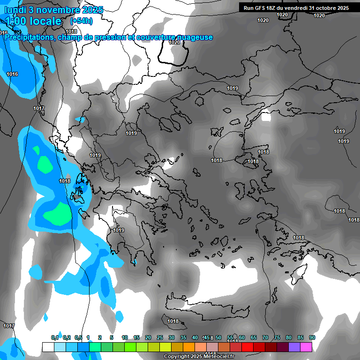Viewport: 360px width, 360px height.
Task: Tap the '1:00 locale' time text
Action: pos(33,21)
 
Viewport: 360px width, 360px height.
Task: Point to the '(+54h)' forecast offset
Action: pos(81,21)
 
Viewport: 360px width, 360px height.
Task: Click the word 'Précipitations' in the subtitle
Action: pos(28,37)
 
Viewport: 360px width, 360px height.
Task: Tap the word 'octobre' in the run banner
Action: pos(323,8)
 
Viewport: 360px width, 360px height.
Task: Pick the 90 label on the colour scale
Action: pos(312,338)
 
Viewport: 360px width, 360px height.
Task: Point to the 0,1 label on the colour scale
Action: pos(54,338)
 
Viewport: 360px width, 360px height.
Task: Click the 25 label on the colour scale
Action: pos(160,338)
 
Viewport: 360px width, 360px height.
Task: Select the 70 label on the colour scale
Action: pos(265,338)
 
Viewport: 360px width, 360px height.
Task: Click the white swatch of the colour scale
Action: pos(48,347)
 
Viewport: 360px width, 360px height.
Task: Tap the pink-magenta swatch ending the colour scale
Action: pos(306,347)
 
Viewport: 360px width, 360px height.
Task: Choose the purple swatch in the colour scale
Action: pos(294,347)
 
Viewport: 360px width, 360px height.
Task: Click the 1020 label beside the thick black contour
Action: pos(174,42)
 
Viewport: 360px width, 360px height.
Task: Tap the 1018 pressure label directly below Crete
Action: pos(173,321)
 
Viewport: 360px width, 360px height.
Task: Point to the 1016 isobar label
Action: pos(12,74)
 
